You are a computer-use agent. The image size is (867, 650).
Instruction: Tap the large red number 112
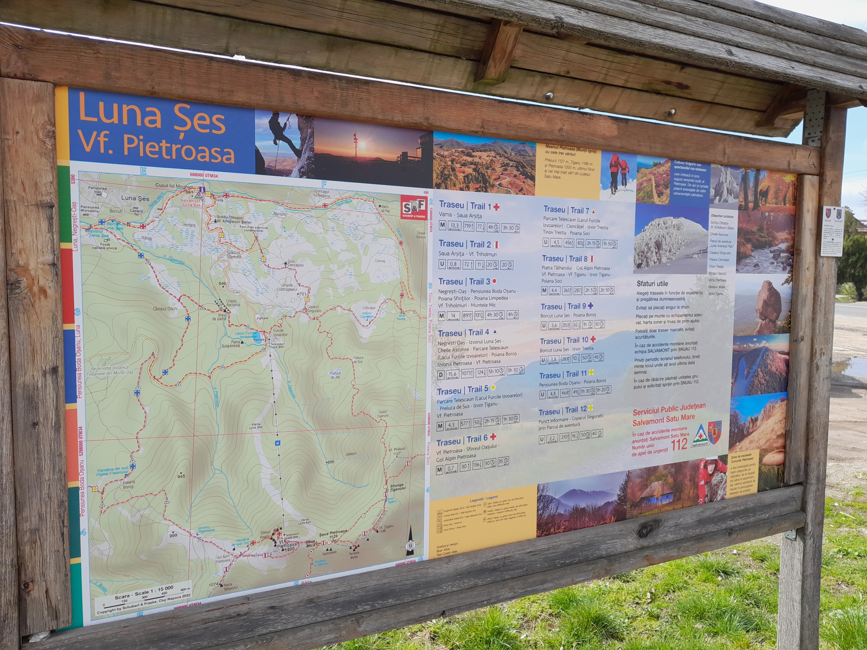[x=679, y=444]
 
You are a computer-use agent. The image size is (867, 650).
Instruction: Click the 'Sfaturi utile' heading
[x=652, y=284]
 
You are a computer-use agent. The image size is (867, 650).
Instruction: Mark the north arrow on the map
[x=410, y=541]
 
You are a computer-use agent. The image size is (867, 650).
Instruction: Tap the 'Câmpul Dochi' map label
[x=165, y=309]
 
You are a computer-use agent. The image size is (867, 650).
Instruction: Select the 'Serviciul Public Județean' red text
[x=669, y=408]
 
